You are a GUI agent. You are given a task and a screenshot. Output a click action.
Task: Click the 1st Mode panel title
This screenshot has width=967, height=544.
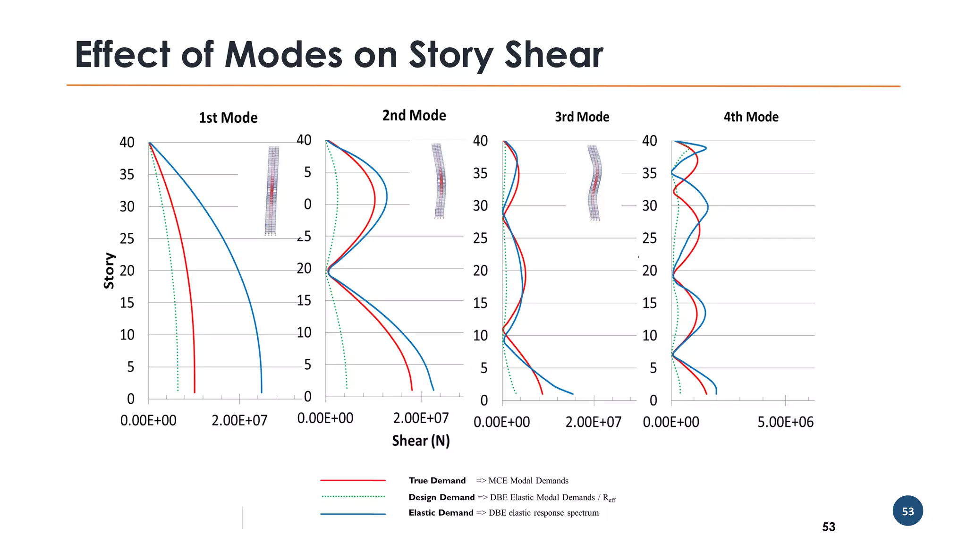[x=228, y=118]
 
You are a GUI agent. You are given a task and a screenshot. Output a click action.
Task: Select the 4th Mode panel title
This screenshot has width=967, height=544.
[x=751, y=117]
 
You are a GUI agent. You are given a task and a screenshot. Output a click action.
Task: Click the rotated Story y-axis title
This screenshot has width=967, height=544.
[x=109, y=271]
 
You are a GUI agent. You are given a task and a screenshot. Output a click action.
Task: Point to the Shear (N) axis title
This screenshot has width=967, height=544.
[x=421, y=441]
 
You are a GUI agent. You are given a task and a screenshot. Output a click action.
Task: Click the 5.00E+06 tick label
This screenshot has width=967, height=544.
[x=785, y=422]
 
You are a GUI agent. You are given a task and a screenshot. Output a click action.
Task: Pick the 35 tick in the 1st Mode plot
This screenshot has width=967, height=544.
[x=127, y=175]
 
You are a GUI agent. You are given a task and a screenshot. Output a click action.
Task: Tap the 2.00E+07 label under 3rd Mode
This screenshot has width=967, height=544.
[x=593, y=422]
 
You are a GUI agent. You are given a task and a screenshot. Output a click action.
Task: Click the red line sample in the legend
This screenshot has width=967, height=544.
[x=353, y=480]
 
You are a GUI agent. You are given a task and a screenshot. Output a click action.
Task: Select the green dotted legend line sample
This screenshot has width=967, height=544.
[x=353, y=496]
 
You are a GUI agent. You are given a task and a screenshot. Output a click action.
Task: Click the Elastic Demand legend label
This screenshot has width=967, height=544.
[x=441, y=513]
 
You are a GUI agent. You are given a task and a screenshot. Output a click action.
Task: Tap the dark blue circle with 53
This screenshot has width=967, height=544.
[x=908, y=511]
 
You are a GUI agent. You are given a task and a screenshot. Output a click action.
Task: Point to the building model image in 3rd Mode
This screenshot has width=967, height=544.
[x=594, y=183]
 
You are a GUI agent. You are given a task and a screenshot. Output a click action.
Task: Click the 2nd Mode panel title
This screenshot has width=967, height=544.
[x=414, y=115]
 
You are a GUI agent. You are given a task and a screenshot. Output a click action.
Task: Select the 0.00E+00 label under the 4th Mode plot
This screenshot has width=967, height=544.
[x=671, y=422]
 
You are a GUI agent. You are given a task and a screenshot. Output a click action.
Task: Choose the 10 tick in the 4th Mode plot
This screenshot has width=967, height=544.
[x=649, y=336]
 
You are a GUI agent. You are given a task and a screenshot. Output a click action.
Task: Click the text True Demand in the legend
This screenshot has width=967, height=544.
[x=437, y=481]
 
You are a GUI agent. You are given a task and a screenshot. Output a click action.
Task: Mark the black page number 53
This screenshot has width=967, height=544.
[x=829, y=527]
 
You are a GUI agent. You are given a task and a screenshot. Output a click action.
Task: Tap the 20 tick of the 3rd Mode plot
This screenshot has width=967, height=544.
[x=480, y=271]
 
